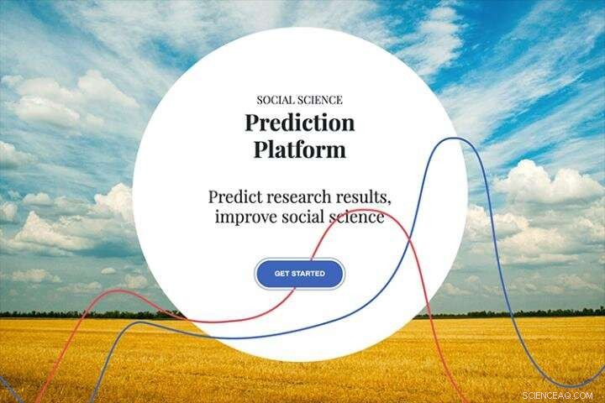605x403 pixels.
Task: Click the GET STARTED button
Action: (x=299, y=274)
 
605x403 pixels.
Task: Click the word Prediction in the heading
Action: (x=300, y=123)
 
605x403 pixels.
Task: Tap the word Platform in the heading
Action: (x=300, y=149)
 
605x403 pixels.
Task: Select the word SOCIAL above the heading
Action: (x=274, y=100)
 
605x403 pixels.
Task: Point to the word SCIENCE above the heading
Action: (x=318, y=100)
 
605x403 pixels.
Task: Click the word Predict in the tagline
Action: (x=236, y=196)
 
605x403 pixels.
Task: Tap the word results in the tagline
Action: (x=364, y=197)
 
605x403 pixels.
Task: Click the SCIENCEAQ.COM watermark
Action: (x=557, y=395)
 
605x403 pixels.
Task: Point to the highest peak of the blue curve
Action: (x=455, y=138)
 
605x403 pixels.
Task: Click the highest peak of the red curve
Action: (x=363, y=211)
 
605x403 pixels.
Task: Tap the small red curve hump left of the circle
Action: (x=116, y=290)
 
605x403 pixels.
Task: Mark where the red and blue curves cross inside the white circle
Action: (x=409, y=239)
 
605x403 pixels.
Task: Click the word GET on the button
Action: (x=281, y=274)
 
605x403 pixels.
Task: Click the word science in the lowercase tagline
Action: (x=356, y=217)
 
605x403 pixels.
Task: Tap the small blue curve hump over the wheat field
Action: (x=139, y=322)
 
